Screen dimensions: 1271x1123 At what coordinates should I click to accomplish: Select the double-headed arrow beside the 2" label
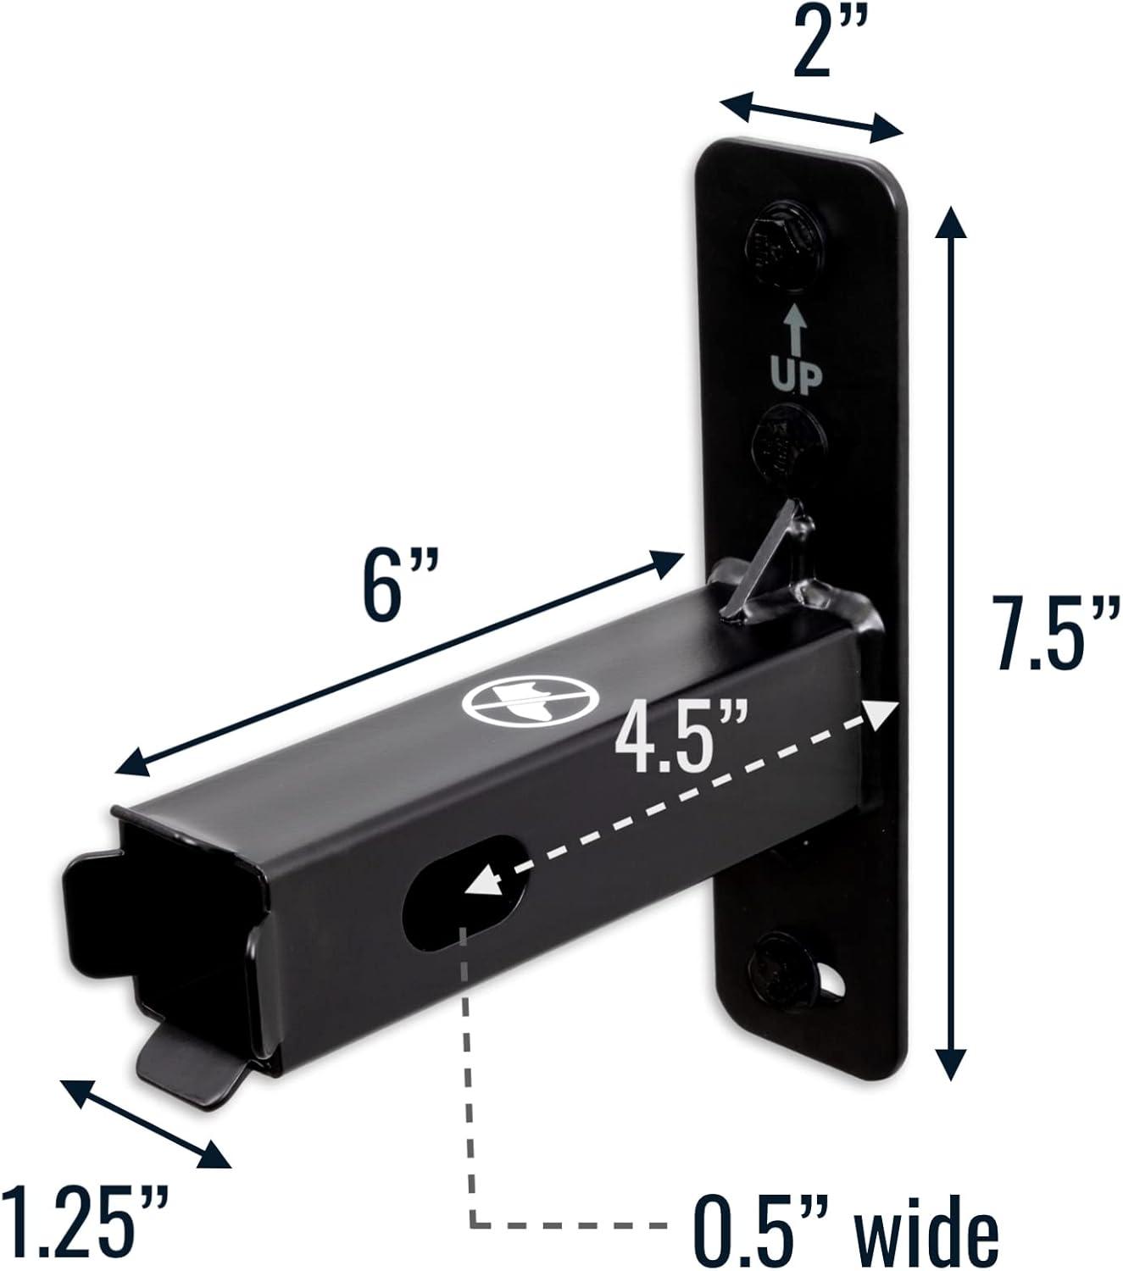[x=810, y=115]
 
